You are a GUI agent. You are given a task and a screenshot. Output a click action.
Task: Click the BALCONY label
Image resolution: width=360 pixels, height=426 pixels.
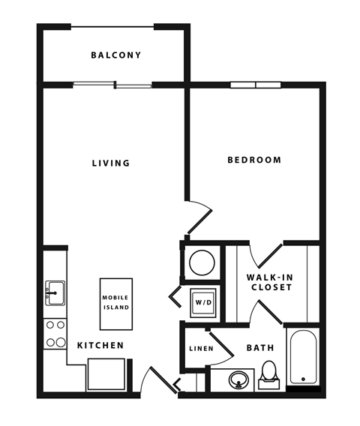tap(116, 55)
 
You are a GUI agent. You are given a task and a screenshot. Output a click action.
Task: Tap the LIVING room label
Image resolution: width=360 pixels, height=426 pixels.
tap(111, 163)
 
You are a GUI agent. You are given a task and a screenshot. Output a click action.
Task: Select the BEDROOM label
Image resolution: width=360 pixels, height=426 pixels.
tap(254, 160)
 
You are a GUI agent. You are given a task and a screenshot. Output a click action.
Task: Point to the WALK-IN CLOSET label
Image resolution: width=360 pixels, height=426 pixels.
tap(270, 282)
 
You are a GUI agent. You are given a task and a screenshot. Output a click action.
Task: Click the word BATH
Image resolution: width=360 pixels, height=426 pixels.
tap(260, 348)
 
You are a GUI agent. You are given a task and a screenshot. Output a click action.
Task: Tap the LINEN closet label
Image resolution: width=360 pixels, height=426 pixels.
tap(201, 349)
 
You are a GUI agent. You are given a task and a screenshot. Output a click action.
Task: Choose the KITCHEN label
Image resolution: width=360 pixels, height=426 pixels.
tap(100, 345)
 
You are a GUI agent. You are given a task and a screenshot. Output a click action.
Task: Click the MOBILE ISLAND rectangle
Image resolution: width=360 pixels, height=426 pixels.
tap(116, 304)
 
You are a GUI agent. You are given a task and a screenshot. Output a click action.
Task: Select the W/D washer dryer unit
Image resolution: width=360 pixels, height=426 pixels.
tap(203, 302)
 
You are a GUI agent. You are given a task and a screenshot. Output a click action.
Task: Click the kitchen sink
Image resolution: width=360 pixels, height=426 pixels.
tap(55, 293)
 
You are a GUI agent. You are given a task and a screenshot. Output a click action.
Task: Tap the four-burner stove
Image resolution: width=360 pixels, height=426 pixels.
tap(55, 334)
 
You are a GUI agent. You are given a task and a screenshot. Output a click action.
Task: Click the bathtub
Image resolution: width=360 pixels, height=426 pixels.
tap(303, 357)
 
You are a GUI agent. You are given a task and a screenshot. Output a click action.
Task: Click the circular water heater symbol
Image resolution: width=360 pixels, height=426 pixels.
tap(202, 262)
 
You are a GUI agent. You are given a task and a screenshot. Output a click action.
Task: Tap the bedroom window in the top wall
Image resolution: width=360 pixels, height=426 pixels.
tap(256, 85)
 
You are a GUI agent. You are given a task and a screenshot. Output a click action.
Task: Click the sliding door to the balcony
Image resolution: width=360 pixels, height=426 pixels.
tap(112, 85)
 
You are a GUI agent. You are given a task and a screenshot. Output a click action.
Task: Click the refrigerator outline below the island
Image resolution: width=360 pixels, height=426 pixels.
tap(106, 375)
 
